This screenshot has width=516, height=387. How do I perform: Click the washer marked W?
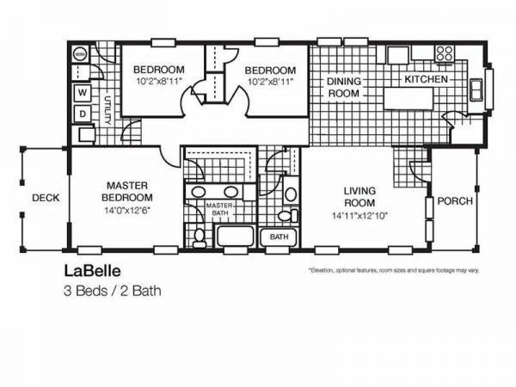[x=83, y=92]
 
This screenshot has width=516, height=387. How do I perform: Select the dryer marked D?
[x=83, y=114]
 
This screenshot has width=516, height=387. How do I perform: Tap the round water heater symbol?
[x=81, y=53]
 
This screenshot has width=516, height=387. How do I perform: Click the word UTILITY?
[x=108, y=110]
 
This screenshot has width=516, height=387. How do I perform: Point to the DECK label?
[x=46, y=198]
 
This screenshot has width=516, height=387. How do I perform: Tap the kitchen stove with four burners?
[x=444, y=54]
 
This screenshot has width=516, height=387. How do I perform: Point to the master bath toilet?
[x=199, y=235]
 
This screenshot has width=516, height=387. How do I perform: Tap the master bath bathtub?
[x=233, y=236]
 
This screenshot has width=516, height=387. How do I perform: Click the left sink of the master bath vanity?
[x=198, y=192]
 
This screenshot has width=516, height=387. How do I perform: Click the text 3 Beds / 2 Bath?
[x=112, y=291]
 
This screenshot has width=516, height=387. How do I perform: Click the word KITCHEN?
[x=427, y=79]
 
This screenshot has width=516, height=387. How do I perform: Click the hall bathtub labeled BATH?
[x=279, y=236]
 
